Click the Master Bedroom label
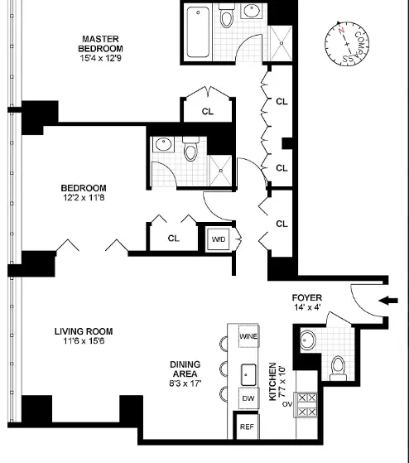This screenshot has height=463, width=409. (x=100, y=44)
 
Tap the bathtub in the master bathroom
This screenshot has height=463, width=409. (x=199, y=32)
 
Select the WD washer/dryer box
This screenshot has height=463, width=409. (x=219, y=239)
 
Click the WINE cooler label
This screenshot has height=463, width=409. (x=248, y=336)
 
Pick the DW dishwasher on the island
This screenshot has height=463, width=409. (x=248, y=398)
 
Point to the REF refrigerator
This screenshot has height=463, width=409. (x=247, y=427)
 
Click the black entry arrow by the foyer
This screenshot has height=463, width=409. (x=388, y=301)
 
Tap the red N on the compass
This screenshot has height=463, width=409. (x=342, y=31)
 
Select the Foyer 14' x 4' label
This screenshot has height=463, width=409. (x=307, y=302)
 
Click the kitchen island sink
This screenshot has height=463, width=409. (x=248, y=375)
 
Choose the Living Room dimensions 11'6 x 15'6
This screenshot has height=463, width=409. (x=84, y=341)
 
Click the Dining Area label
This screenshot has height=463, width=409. (x=185, y=369)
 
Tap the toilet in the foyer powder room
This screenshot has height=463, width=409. (x=338, y=369)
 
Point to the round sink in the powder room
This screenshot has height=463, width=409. (x=308, y=340)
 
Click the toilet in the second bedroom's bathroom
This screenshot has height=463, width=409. (x=190, y=149)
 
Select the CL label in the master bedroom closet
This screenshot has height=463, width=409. (x=208, y=112)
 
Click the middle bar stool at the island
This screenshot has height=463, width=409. (x=224, y=369)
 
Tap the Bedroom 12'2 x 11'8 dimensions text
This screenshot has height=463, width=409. (x=84, y=198)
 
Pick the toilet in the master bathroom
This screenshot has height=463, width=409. (x=227, y=17)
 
